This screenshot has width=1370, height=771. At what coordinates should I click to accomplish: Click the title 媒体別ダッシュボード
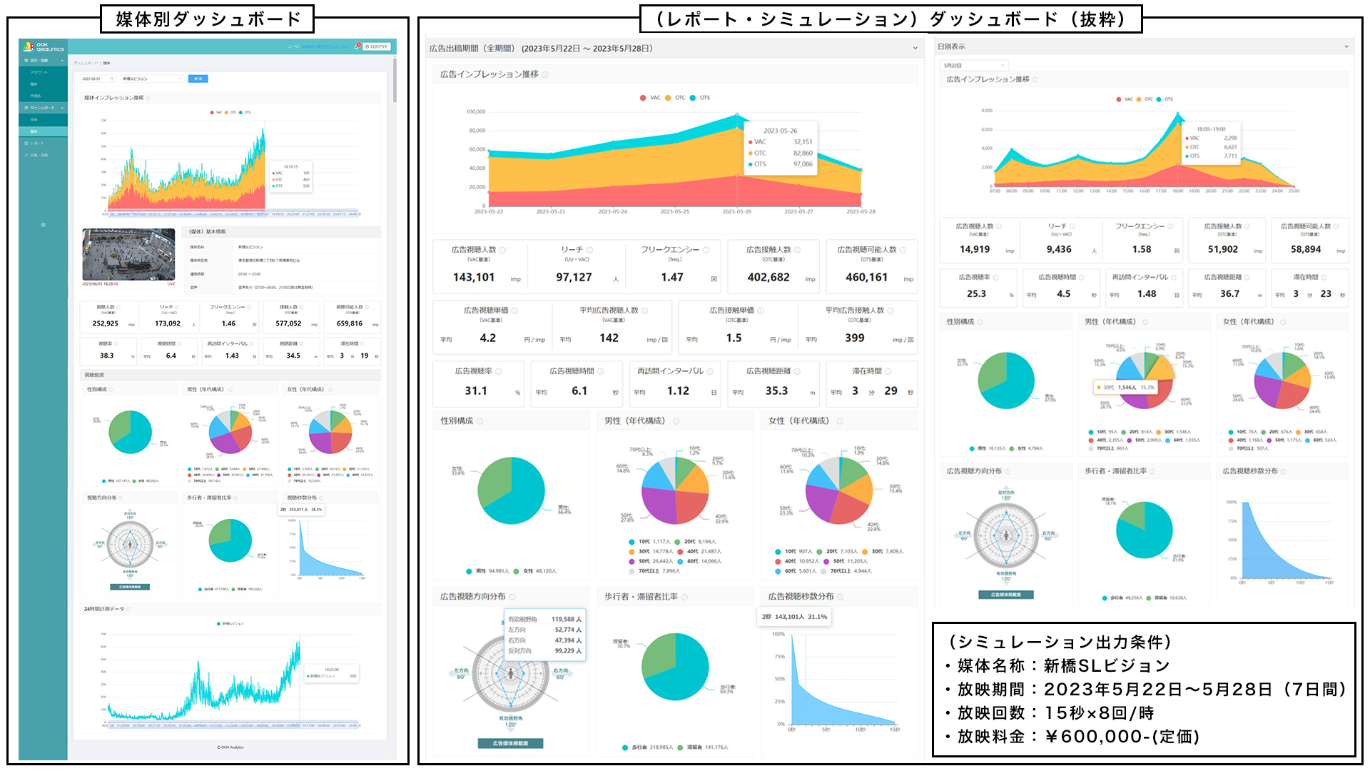tap(208, 19)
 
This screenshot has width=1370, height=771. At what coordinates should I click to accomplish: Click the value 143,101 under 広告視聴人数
tap(474, 278)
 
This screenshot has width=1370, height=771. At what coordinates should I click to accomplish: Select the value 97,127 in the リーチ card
tap(574, 278)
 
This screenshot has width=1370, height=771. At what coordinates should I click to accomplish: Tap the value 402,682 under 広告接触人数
tap(768, 278)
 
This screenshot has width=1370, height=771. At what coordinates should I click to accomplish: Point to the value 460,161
tap(867, 278)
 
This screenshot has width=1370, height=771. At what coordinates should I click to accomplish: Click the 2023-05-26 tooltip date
tap(780, 131)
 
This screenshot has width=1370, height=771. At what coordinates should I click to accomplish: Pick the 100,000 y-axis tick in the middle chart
tap(476, 112)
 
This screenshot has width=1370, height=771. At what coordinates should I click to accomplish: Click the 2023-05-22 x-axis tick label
tap(489, 212)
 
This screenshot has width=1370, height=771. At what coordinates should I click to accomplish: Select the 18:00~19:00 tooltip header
tap(1211, 129)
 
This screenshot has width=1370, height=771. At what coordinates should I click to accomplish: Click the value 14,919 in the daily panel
tap(975, 250)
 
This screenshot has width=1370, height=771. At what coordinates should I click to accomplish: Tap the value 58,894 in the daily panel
tap(1306, 250)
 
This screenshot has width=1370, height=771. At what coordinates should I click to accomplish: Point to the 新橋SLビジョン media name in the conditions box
tap(1107, 666)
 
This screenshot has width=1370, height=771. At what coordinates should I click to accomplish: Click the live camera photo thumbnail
tap(128, 254)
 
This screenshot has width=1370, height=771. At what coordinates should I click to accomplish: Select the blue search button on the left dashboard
tap(198, 79)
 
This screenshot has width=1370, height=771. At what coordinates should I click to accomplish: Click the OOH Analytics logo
tap(44, 47)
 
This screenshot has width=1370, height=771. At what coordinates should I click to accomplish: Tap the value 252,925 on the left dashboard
tap(106, 324)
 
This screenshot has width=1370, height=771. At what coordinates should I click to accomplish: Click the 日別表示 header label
tap(951, 47)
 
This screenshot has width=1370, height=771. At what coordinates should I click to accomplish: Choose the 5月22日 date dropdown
tap(974, 66)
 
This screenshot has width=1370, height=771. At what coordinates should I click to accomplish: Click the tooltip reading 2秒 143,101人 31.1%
tap(794, 617)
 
